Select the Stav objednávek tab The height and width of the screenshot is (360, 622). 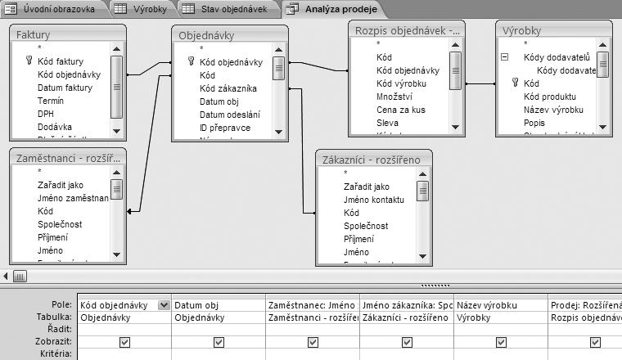click(232, 9)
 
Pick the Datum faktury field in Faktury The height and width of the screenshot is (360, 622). click(65, 87)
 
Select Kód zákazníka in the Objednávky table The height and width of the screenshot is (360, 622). click(228, 88)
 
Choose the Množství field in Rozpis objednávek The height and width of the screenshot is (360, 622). click(394, 97)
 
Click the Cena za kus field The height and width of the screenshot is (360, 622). click(401, 110)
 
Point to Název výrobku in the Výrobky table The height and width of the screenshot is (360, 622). click(553, 110)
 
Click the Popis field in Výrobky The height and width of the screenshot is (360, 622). click(534, 123)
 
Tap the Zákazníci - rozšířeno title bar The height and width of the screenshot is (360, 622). click(373, 160)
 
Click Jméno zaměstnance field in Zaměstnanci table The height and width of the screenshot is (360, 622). click(73, 198)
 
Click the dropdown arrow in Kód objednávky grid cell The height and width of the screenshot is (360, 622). click(165, 304)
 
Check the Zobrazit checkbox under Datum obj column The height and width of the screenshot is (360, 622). click(219, 342)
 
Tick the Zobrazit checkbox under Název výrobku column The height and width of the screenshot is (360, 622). click(500, 342)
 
